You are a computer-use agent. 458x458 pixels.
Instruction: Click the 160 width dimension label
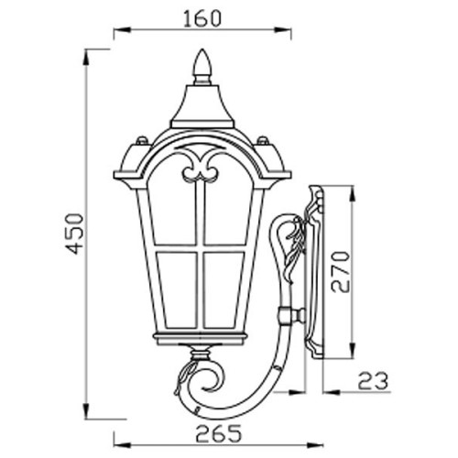pyautogui.click(x=202, y=18)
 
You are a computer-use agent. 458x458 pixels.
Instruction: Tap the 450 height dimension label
pyautogui.click(x=74, y=234)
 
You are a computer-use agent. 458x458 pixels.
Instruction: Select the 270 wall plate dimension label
pyautogui.click(x=340, y=272)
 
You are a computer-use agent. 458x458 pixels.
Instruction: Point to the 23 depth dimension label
pyautogui.click(x=373, y=381)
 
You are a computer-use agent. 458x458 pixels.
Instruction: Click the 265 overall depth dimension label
pyautogui.click(x=218, y=433)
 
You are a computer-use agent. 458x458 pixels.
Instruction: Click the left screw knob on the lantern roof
pyautogui.click(x=142, y=140)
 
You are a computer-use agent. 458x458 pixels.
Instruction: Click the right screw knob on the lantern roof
pyautogui.click(x=263, y=140)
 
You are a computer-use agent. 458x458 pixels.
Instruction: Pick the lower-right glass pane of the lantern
pyautogui.click(x=223, y=290)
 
